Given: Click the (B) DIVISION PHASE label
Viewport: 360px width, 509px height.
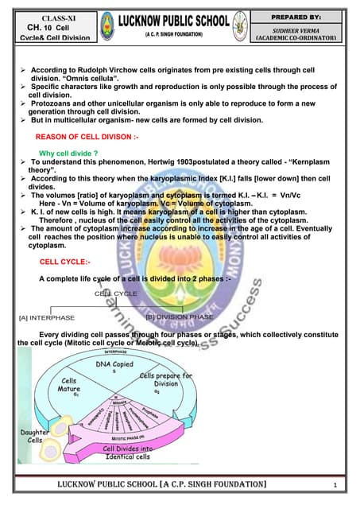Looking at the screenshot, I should (x=180, y=317).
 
